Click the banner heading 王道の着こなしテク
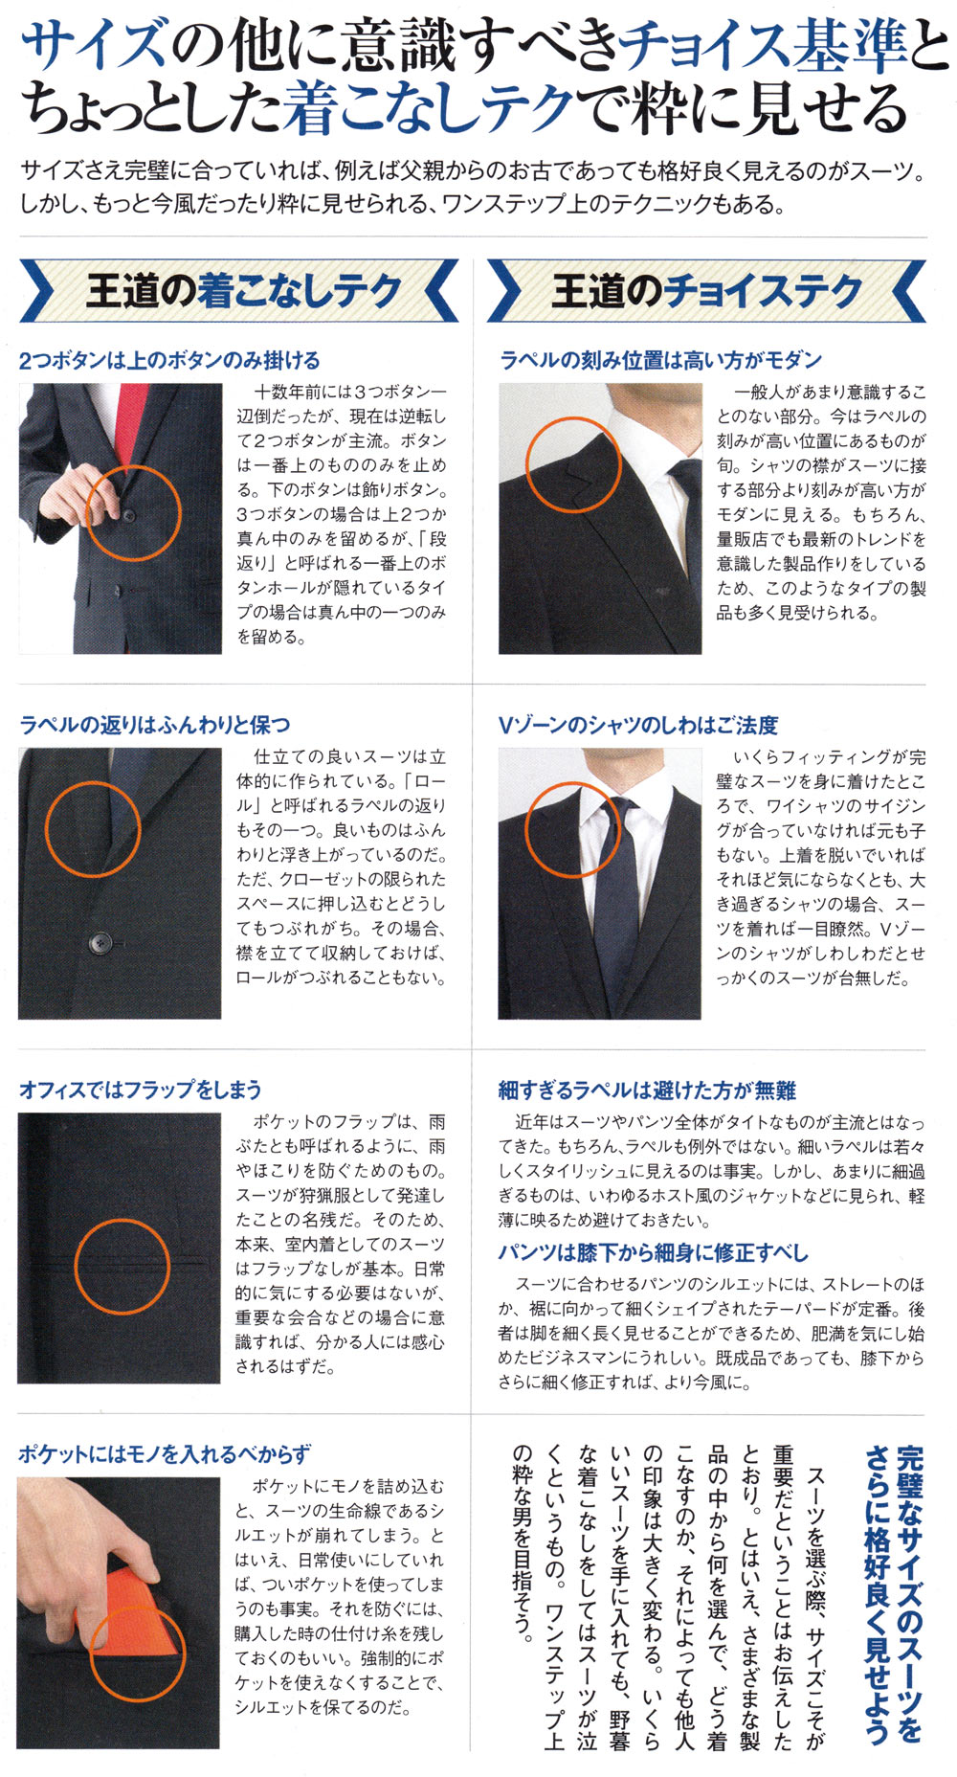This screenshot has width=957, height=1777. (244, 290)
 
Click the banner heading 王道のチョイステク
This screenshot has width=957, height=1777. (707, 290)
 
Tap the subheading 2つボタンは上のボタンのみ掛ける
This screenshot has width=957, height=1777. (169, 361)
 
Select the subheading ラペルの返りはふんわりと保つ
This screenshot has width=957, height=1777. (154, 725)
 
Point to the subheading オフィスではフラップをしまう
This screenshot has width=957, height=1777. (141, 1090)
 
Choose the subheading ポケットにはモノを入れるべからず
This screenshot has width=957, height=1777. (164, 1454)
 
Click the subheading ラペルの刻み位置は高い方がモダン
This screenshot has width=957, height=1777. (660, 360)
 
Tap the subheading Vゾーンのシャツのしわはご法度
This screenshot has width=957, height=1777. (638, 725)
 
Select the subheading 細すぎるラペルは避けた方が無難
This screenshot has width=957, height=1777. (647, 1090)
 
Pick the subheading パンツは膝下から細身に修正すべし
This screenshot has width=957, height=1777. (653, 1252)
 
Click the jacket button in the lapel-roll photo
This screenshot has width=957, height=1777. (97, 944)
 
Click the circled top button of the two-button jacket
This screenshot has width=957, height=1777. (129, 516)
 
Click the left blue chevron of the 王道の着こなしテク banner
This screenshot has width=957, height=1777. (37, 290)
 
